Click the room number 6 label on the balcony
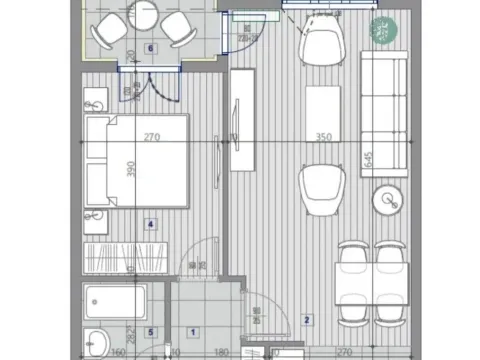point(151,47)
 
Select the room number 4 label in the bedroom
point(151,224)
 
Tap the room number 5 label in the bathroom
point(151,332)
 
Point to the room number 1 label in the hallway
point(193,332)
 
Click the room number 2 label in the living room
point(307,321)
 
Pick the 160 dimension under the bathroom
point(118,352)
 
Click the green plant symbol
point(381,31)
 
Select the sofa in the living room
point(385,112)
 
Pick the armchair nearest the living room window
point(323,46)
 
